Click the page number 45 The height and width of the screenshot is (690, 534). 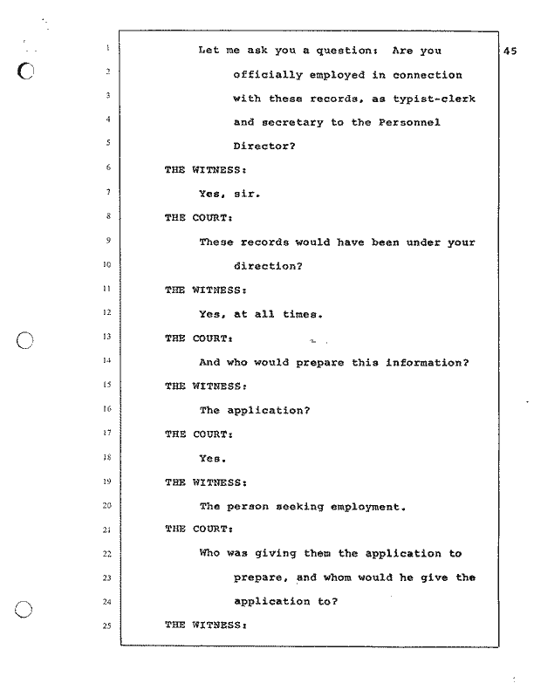tap(510, 51)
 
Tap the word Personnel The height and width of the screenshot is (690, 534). tap(409, 122)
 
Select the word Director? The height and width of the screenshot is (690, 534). tap(264, 146)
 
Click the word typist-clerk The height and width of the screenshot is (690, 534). tap(434, 99)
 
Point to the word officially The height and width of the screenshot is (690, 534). tap(268, 75)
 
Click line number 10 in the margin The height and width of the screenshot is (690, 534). tap(107, 264)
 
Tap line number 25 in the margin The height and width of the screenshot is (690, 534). tap(107, 625)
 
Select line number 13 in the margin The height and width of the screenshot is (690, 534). tap(107, 337)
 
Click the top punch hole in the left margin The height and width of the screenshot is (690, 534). tap(25, 71)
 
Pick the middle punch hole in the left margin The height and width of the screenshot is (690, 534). tap(24, 340)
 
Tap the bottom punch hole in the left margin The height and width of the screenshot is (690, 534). tap(24, 610)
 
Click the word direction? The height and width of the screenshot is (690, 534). tap(268, 266)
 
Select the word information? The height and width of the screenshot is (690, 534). tap(428, 363)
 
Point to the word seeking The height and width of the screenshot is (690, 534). tap(300, 507)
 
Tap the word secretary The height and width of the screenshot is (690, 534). tap(293, 122)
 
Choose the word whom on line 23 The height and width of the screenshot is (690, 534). tap(337, 577)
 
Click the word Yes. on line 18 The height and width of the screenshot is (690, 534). tap(213, 459)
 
